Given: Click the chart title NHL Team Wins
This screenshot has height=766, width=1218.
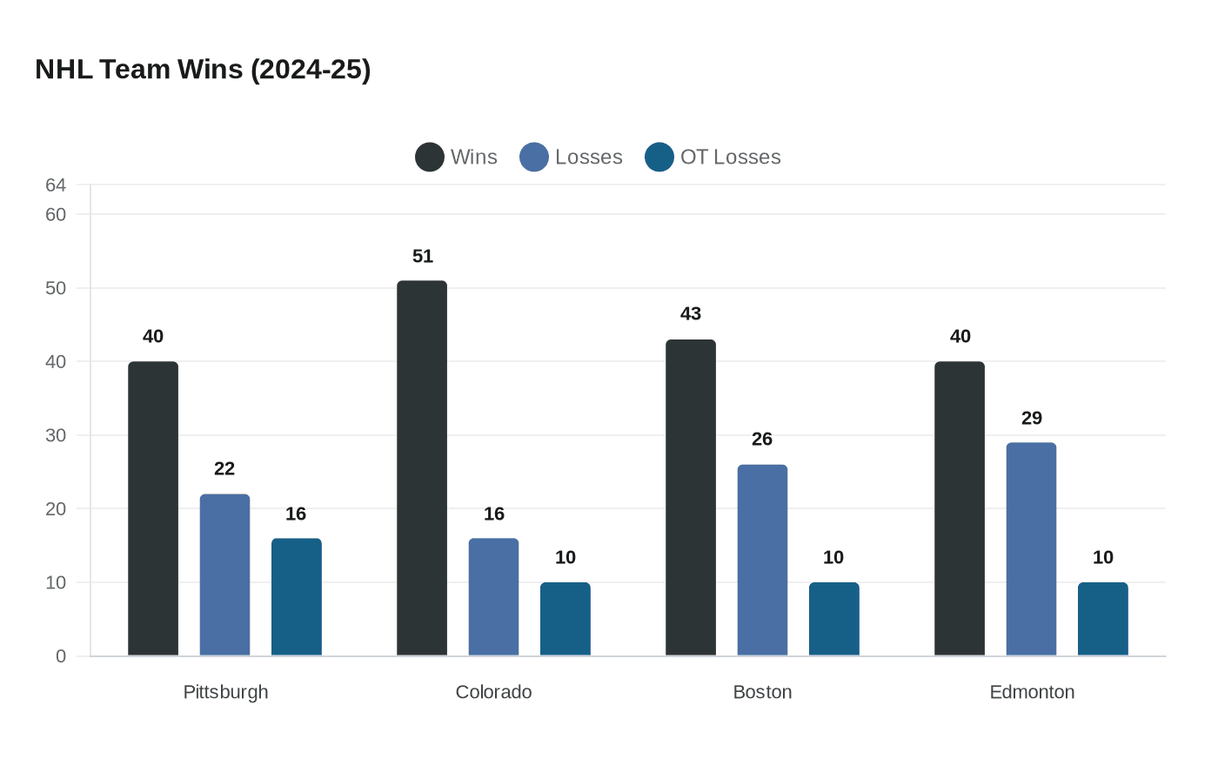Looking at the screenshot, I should pos(203,70).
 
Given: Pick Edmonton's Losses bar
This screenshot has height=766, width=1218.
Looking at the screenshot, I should pos(1031,549).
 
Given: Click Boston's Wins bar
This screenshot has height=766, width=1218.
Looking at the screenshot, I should pos(691,498).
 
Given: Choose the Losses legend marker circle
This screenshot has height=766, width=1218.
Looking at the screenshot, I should pos(534,158).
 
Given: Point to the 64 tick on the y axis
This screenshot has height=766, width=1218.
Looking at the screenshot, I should pos(56,185).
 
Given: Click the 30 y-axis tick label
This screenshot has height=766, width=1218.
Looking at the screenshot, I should pos(56,435).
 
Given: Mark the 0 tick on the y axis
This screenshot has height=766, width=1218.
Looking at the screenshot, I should pos(61,656).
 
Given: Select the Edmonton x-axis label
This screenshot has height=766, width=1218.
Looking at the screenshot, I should pos(1032,692).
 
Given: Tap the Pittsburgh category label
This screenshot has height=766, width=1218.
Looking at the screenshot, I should pos(225,692).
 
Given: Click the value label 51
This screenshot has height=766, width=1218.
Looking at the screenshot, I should pos(423,256).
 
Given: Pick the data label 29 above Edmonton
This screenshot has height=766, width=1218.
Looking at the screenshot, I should pos(1032,418).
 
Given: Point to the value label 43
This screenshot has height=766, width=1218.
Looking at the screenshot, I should pos(691,313).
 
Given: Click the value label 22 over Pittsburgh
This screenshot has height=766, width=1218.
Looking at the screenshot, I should pos(224,468).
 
